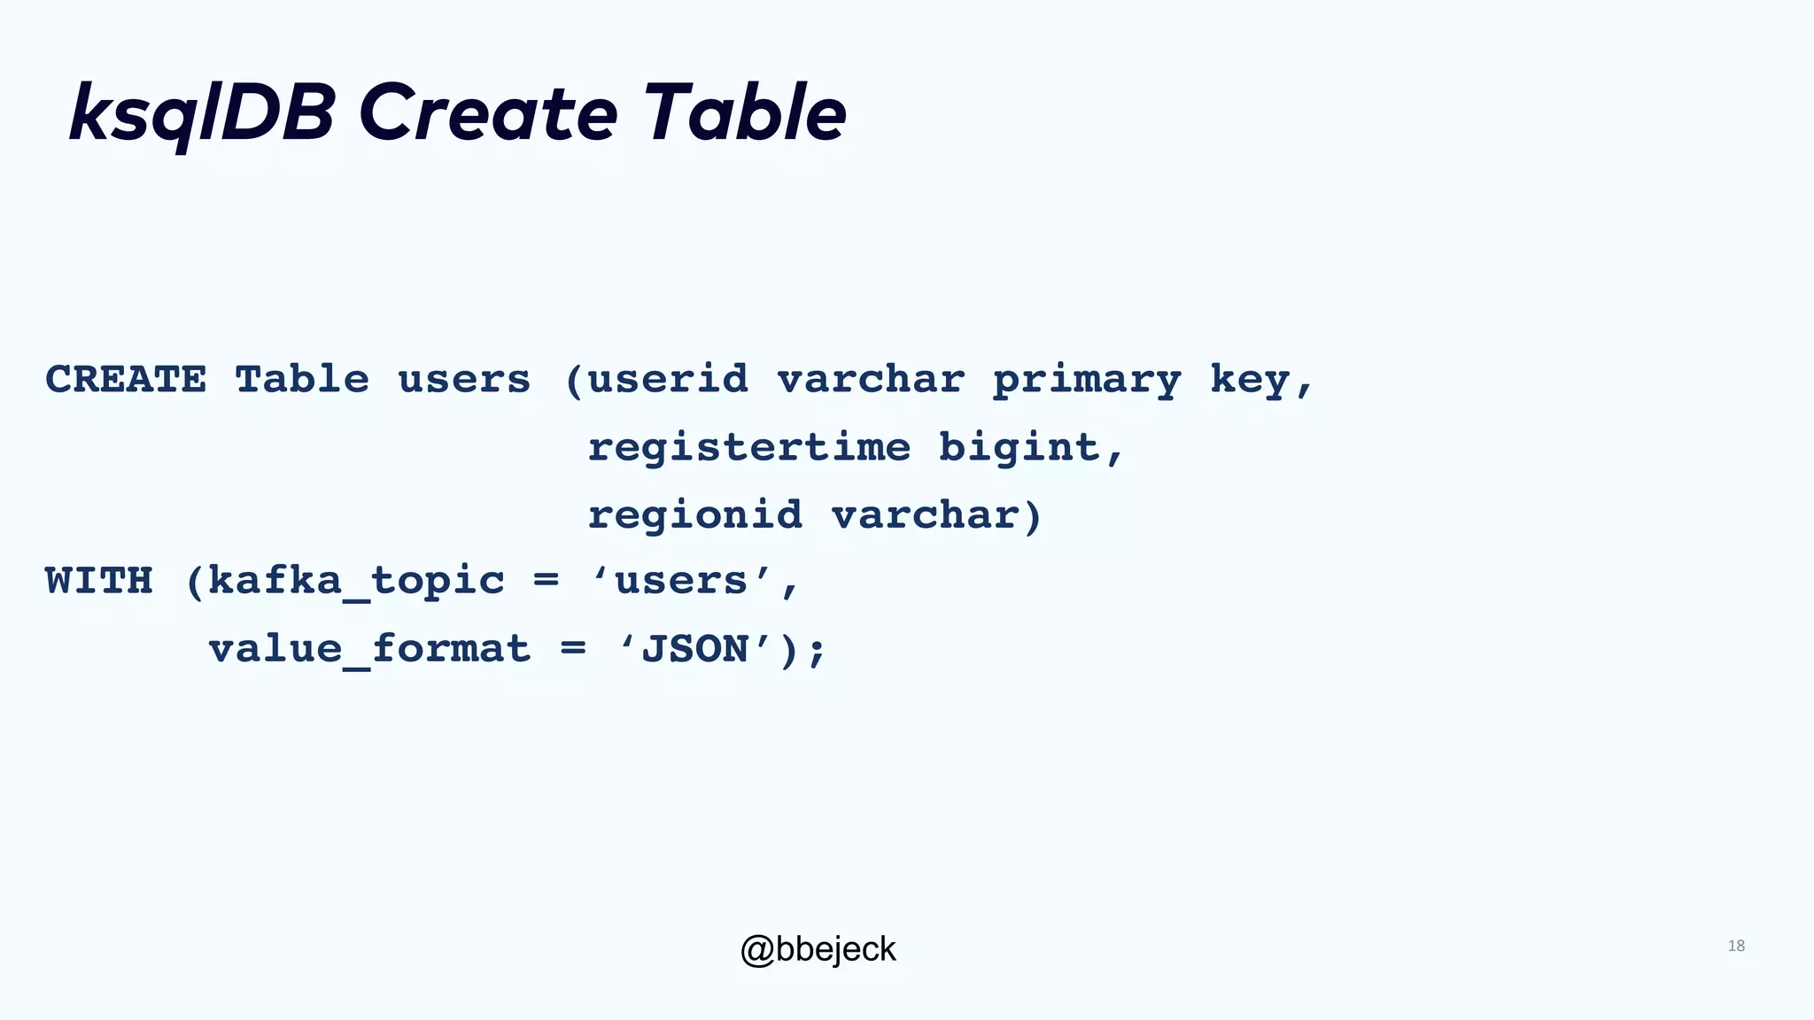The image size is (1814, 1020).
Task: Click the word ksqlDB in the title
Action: click(x=202, y=113)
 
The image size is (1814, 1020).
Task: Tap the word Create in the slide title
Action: click(x=487, y=113)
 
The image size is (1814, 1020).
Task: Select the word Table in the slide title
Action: click(x=744, y=113)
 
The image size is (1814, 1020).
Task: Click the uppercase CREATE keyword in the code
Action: click(x=126, y=380)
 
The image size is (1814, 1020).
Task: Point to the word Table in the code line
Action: click(x=302, y=380)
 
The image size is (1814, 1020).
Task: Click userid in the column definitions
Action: click(x=668, y=380)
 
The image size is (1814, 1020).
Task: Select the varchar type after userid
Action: click(x=871, y=380)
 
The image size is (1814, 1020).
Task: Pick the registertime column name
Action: click(x=749, y=447)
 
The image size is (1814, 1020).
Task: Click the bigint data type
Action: click(x=1019, y=447)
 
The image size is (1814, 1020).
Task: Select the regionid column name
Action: click(x=695, y=515)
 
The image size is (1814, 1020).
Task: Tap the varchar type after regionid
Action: click(x=925, y=515)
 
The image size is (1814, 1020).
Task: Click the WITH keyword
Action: click(x=99, y=582)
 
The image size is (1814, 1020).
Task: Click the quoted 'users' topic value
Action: click(x=682, y=582)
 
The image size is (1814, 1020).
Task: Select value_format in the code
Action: click(x=369, y=650)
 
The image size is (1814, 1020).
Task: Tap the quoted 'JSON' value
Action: click(x=695, y=649)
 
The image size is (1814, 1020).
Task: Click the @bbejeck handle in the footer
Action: click(x=818, y=949)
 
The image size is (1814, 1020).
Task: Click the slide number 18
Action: click(x=1736, y=946)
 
